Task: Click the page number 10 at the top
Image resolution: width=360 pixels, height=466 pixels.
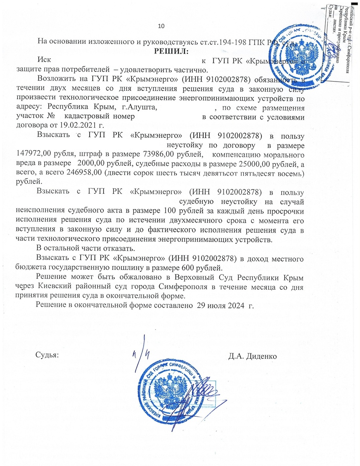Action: tap(161, 26)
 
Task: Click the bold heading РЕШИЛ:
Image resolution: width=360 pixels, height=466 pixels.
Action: tap(171, 51)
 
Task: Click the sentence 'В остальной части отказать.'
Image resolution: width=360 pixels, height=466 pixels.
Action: tap(82, 249)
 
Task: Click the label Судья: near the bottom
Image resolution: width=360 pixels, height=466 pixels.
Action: tap(47, 355)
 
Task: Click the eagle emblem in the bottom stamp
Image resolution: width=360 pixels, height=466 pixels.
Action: tap(169, 395)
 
